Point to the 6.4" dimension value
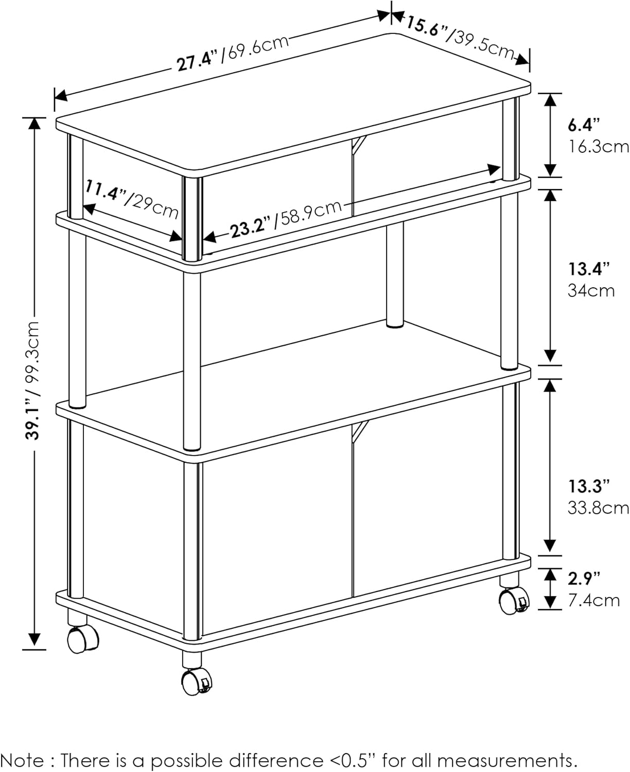[584, 125]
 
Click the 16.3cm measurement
[598, 147]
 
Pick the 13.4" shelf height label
[589, 269]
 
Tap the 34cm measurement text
[591, 291]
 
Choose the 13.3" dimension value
[589, 486]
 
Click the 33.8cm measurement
[598, 508]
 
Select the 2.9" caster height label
[584, 578]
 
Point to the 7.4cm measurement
[594, 601]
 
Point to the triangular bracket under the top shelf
[359, 145]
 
